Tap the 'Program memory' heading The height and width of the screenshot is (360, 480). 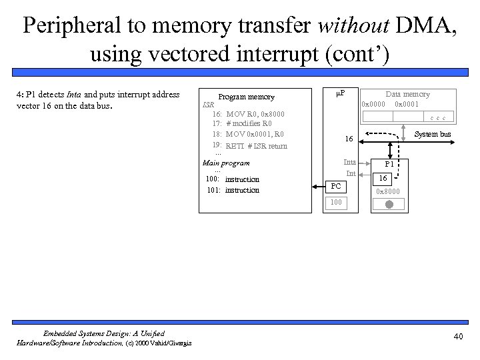pyautogui.click(x=246, y=97)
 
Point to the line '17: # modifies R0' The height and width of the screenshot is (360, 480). pyautogui.click(x=242, y=124)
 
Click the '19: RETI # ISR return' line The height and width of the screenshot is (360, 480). pyautogui.click(x=250, y=146)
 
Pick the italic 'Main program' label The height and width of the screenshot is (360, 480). pyautogui.click(x=226, y=163)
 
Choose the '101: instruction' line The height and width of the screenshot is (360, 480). pyautogui.click(x=233, y=191)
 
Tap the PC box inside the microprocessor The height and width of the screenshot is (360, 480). pyautogui.click(x=336, y=185)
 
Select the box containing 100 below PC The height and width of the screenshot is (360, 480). pyautogui.click(x=336, y=201)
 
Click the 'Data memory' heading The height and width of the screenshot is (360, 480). pyautogui.click(x=407, y=94)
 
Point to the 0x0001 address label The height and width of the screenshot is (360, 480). pyautogui.click(x=407, y=104)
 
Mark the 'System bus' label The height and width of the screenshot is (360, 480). pyautogui.click(x=433, y=135)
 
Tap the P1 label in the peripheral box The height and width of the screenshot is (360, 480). pyautogui.click(x=387, y=166)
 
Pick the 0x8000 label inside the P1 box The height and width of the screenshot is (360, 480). pyautogui.click(x=387, y=193)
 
